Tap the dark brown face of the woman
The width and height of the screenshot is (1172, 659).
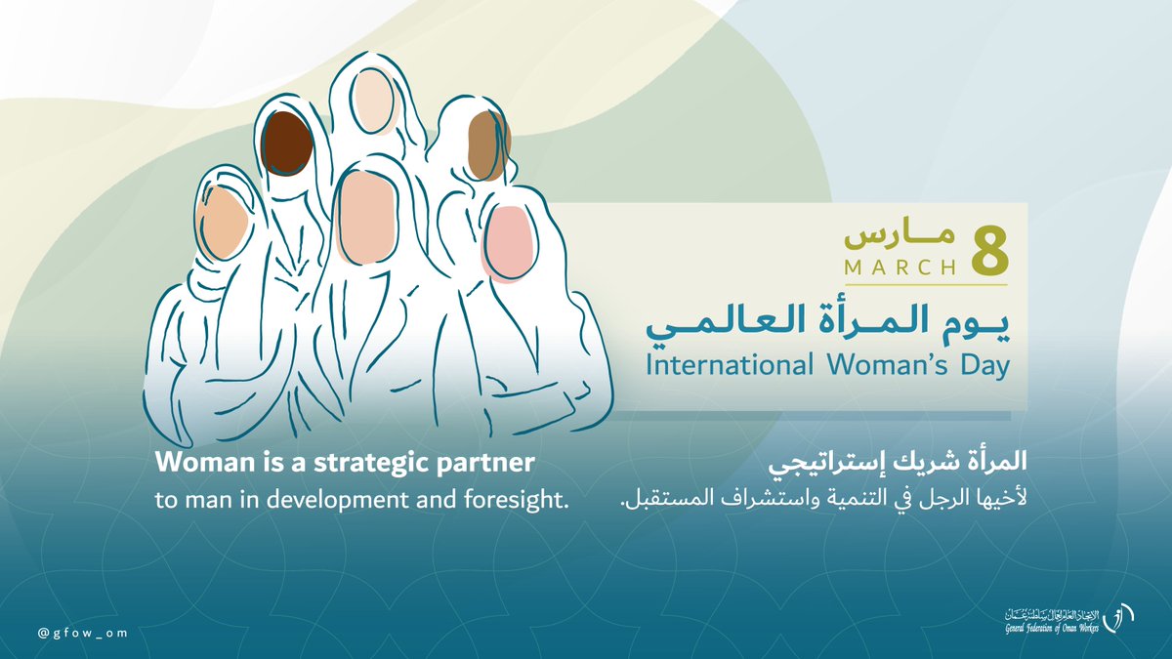(x=286, y=143)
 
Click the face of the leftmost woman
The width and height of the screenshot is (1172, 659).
(x=220, y=222)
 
